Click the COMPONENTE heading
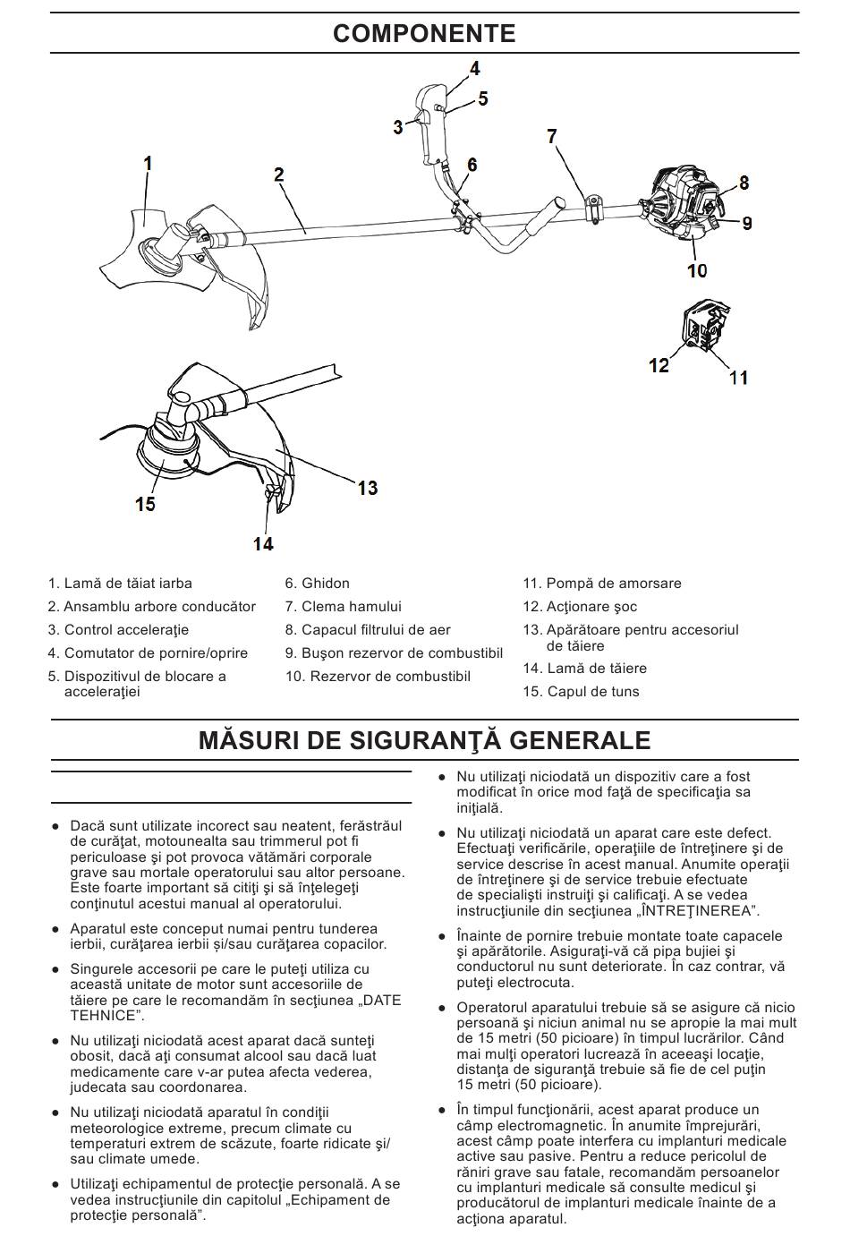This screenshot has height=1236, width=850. (x=424, y=34)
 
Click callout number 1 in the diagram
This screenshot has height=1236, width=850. (x=149, y=163)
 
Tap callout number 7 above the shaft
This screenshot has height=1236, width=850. (x=552, y=136)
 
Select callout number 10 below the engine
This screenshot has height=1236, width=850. (x=697, y=269)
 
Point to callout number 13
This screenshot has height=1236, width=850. (x=368, y=488)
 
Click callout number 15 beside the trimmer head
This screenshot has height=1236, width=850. (x=145, y=504)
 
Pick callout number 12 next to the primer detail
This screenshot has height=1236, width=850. (x=659, y=365)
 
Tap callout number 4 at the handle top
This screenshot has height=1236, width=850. (x=475, y=68)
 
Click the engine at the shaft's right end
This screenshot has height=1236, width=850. (x=681, y=203)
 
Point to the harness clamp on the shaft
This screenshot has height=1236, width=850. (x=592, y=208)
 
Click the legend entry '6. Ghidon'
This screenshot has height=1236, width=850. (x=318, y=584)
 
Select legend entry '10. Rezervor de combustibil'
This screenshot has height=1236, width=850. (x=378, y=677)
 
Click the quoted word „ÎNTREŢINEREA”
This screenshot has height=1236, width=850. (x=696, y=911)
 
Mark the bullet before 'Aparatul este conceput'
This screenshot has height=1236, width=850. (x=55, y=929)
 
